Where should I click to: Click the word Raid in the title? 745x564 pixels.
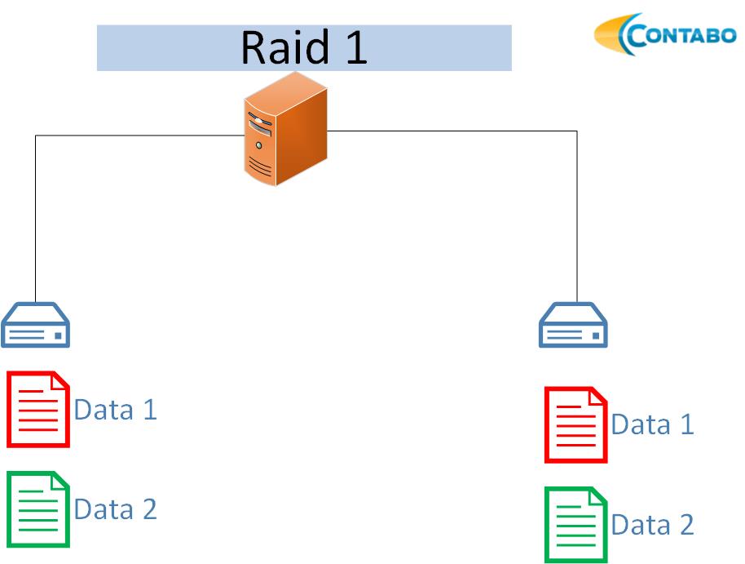tap(284, 47)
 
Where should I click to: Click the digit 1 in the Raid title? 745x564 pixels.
tap(356, 47)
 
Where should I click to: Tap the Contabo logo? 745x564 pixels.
tap(665, 34)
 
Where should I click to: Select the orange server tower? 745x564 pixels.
tap(285, 129)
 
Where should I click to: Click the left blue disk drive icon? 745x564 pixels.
tap(36, 325)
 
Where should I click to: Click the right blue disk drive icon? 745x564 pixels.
tap(573, 325)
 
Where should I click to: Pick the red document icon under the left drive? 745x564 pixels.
tap(38, 409)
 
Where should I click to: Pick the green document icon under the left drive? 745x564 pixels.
tap(38, 509)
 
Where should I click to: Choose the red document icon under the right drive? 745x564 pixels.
tap(575, 424)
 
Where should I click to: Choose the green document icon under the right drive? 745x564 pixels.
tap(575, 525)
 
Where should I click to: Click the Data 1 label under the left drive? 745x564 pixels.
tap(116, 410)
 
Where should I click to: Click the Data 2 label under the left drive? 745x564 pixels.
tap(116, 509)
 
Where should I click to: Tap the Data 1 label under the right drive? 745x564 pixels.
tap(652, 424)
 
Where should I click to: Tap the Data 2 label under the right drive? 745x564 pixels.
tap(652, 525)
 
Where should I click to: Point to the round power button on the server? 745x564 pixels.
tap(258, 145)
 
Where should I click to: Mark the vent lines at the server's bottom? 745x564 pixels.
tap(260, 166)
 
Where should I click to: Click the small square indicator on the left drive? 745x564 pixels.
tap(58, 336)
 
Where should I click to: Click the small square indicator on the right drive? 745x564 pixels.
tap(596, 336)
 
